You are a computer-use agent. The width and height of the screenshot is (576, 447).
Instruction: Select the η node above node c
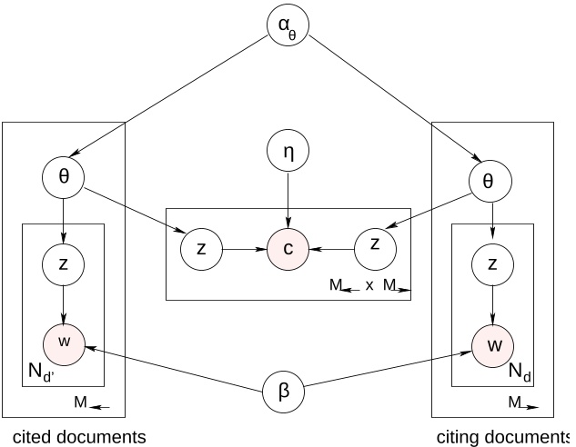click(x=288, y=153)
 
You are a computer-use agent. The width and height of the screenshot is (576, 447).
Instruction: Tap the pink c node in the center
click(x=288, y=247)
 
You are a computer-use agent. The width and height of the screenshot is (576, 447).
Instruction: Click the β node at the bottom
click(x=283, y=392)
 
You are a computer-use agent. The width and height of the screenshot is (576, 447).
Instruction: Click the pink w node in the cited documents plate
click(x=64, y=342)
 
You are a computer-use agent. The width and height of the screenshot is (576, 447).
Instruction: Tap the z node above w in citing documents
click(x=492, y=264)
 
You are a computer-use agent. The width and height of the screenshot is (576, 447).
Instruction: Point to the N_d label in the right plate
click(x=519, y=372)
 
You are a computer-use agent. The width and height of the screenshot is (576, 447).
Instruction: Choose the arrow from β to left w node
click(x=173, y=367)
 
